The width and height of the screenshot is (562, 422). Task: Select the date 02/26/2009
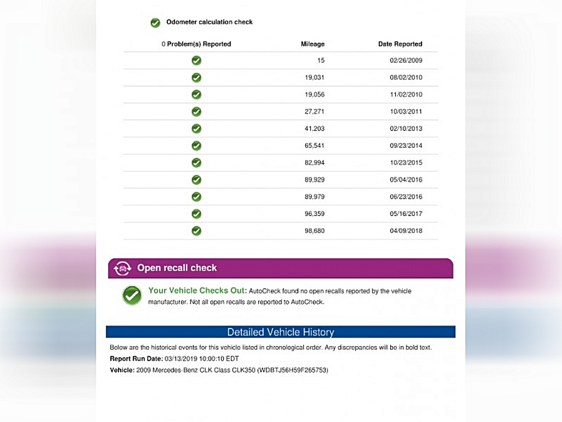(406, 61)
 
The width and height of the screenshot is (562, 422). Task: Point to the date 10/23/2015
(406, 163)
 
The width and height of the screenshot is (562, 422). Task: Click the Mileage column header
(312, 44)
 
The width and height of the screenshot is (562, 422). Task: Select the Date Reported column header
(400, 44)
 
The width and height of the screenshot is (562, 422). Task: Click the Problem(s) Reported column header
(196, 44)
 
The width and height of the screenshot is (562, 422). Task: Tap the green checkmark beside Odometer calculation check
(155, 23)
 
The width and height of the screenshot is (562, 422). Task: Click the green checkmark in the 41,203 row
(196, 128)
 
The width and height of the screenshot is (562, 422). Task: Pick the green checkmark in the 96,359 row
(196, 214)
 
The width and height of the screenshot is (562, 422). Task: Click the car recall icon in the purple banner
(123, 268)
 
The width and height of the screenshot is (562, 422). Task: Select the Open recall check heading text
(177, 268)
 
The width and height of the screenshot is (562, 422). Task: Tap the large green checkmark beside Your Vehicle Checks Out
(132, 295)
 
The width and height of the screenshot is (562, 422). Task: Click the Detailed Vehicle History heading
(280, 332)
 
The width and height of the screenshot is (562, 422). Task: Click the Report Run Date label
(135, 358)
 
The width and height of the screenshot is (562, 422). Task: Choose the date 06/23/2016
(406, 197)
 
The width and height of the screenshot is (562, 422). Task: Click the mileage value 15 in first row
(321, 61)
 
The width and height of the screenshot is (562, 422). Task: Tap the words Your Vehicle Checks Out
(197, 291)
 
